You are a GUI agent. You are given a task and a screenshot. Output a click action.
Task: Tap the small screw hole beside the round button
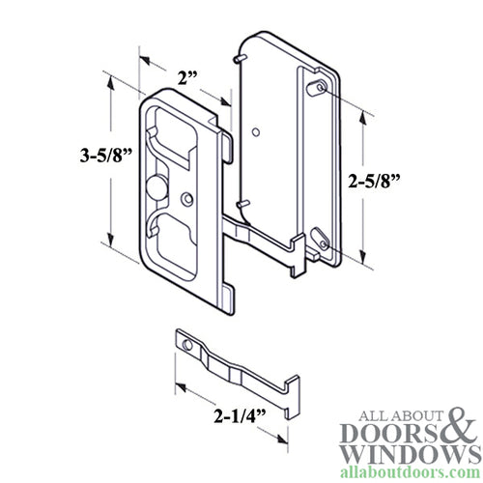[x=186, y=199]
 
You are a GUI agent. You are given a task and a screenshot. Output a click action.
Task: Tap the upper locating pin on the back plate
[x=236, y=61]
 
